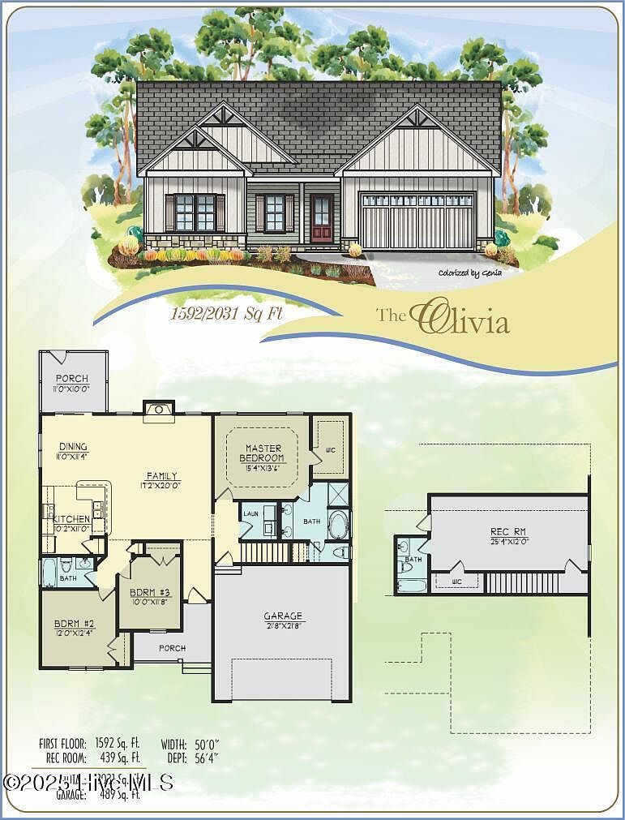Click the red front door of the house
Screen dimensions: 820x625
click(322, 220)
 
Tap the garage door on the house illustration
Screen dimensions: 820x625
click(417, 221)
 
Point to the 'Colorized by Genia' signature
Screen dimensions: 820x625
click(471, 273)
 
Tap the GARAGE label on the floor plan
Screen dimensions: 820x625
click(283, 616)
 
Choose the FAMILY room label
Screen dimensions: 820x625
click(161, 476)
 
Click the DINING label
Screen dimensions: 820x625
click(73, 447)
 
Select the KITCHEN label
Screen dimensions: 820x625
click(71, 518)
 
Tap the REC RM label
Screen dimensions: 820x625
click(509, 531)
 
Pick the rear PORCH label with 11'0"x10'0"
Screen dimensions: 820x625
click(72, 379)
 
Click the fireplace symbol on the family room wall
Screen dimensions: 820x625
click(159, 410)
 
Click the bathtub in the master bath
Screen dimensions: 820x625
click(337, 526)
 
